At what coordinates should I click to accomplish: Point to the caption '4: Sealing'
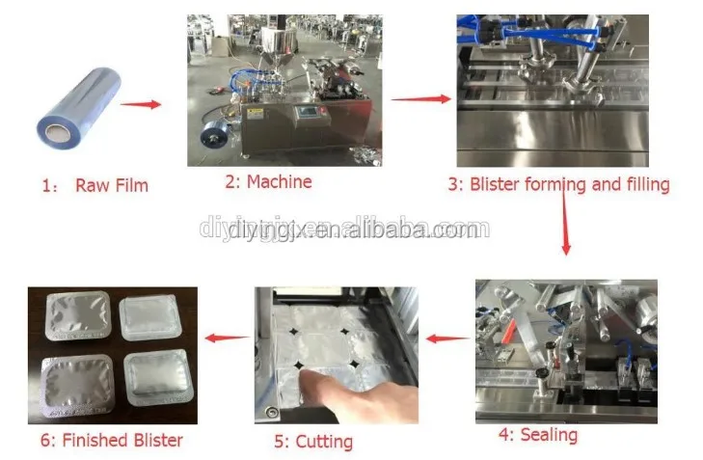[537, 435]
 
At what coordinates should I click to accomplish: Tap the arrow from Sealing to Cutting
[448, 338]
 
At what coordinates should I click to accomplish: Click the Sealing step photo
[565, 351]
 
